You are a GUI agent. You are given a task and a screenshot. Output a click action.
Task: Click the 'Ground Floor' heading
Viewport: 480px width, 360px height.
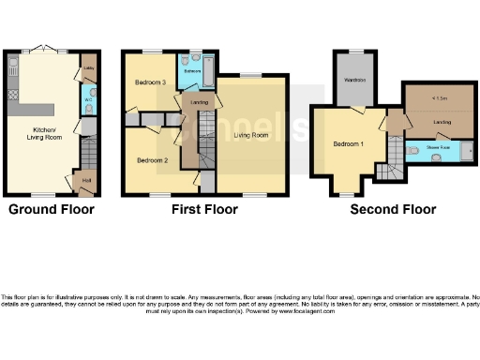coord(52,209)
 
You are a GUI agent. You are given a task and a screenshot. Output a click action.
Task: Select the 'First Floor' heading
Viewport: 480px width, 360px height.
coord(202,209)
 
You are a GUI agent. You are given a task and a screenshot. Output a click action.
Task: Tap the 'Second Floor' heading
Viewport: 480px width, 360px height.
coord(393,209)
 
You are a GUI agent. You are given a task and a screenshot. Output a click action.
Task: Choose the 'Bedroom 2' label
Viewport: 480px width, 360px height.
coord(152,160)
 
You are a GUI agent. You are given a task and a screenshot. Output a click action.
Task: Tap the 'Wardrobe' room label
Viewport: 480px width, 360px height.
coord(354,79)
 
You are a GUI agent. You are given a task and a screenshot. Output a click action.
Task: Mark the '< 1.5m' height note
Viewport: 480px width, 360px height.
coord(439,98)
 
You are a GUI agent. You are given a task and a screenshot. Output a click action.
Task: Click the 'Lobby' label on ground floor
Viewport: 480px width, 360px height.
coord(87,67)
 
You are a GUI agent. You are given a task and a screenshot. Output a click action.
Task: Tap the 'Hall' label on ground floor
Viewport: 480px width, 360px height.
coord(85,181)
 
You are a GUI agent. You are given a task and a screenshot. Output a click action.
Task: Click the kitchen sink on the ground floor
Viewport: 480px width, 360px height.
coord(12,68)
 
